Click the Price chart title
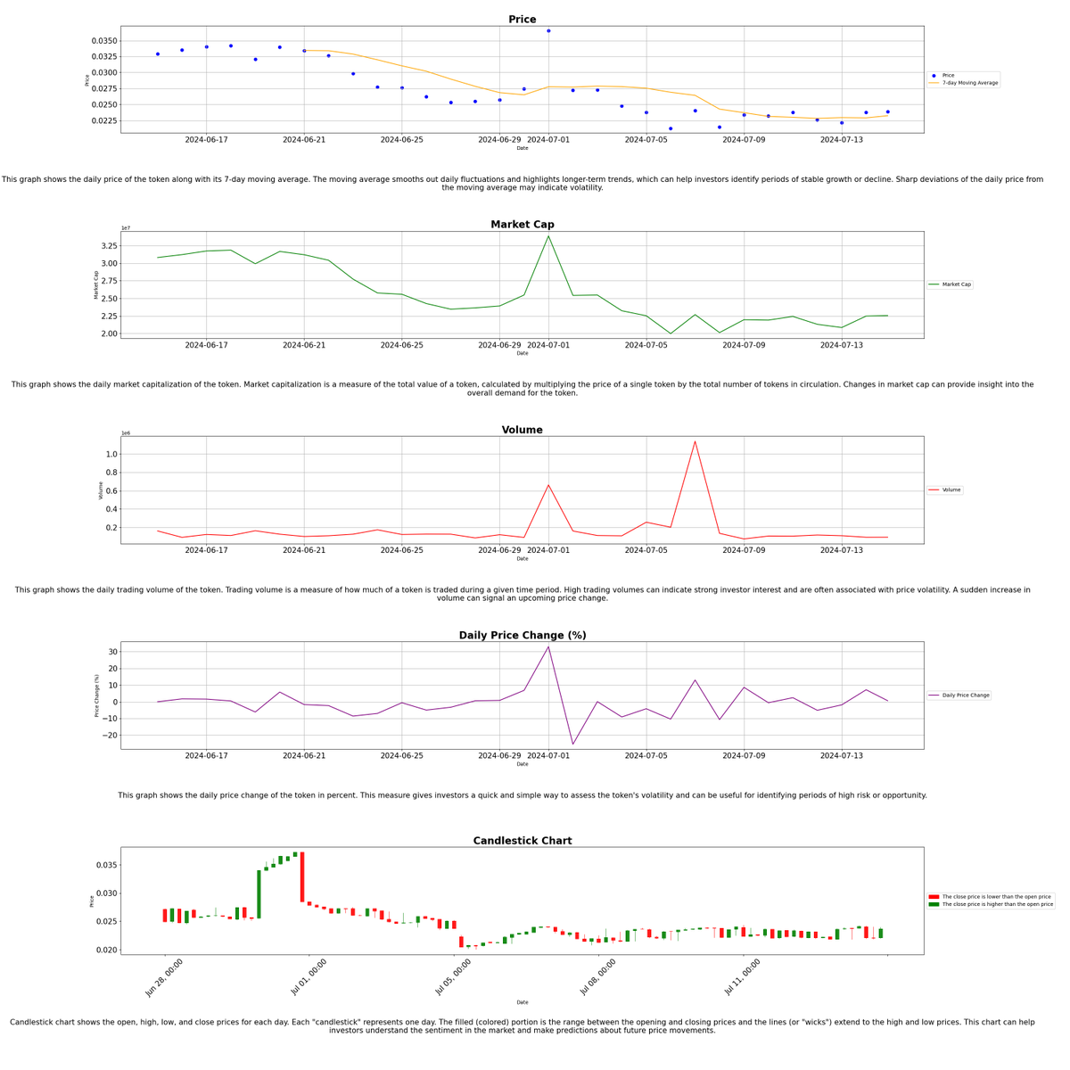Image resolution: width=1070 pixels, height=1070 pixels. point(522,20)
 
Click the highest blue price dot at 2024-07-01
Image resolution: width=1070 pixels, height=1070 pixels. point(548,31)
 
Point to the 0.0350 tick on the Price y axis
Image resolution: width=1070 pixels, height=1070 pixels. point(104,41)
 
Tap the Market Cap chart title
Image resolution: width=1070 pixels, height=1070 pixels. point(522,225)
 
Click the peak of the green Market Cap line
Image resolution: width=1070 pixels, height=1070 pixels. point(548,236)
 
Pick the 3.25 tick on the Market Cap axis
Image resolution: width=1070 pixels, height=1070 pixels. point(108,246)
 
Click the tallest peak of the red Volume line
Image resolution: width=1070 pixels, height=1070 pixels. point(695,441)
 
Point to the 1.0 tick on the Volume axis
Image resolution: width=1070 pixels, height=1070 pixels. point(111,455)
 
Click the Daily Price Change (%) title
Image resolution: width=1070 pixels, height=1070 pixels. point(522,636)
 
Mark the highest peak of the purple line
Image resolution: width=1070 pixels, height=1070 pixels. point(548,647)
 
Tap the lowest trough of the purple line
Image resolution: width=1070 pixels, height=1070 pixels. point(572,744)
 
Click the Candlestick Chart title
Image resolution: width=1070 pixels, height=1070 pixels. point(522,841)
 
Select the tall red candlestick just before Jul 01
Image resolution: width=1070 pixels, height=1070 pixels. point(302,877)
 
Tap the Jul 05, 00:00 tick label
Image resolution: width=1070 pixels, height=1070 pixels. point(454,976)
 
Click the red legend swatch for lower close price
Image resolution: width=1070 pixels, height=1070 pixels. point(934,897)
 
